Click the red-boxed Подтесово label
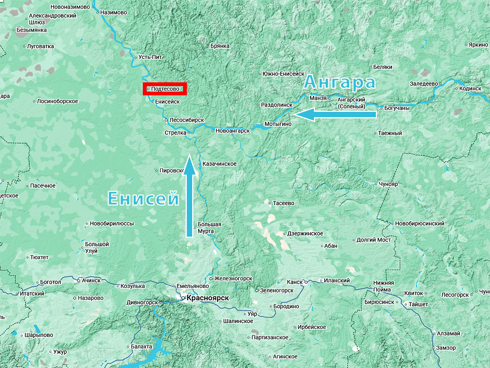click(165, 89)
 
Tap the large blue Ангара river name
click(340, 82)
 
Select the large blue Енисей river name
click(144, 198)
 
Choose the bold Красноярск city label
click(208, 298)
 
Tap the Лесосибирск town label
click(186, 120)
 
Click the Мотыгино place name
click(278, 124)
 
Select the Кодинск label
click(470, 88)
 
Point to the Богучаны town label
click(397, 108)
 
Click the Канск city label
click(294, 282)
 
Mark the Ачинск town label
click(91, 280)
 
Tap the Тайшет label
click(418, 304)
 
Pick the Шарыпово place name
click(39, 335)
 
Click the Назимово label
click(113, 12)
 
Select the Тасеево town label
click(283, 203)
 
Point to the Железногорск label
click(233, 278)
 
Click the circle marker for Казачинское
click(199, 164)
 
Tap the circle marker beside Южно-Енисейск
click(260, 74)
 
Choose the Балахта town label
click(141, 347)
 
